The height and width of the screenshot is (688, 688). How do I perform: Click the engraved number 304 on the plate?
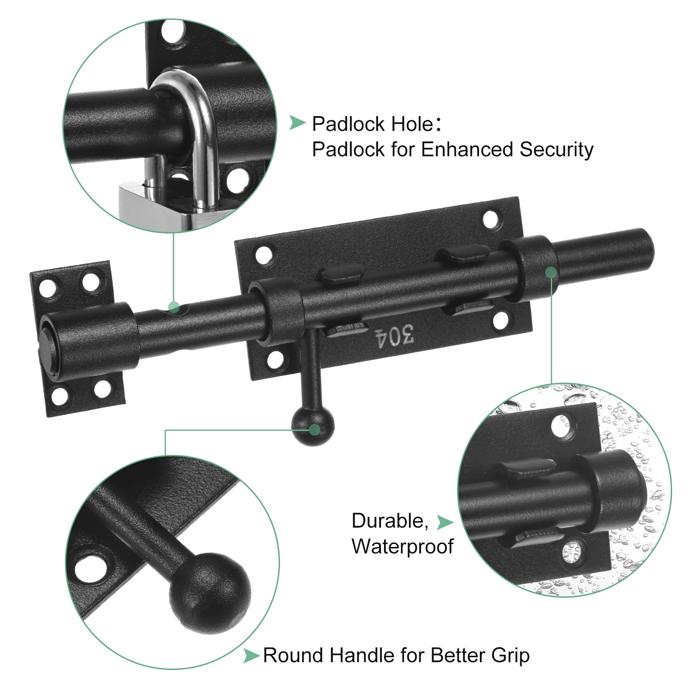395,336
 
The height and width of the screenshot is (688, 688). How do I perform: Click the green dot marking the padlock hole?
174,307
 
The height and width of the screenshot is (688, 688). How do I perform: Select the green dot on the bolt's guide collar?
551,273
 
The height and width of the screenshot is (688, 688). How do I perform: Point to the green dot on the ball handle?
315,429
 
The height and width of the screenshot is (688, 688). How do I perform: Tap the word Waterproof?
402,547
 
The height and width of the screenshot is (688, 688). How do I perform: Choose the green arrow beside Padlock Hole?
297,123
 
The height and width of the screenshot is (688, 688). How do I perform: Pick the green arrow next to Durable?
445,522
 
